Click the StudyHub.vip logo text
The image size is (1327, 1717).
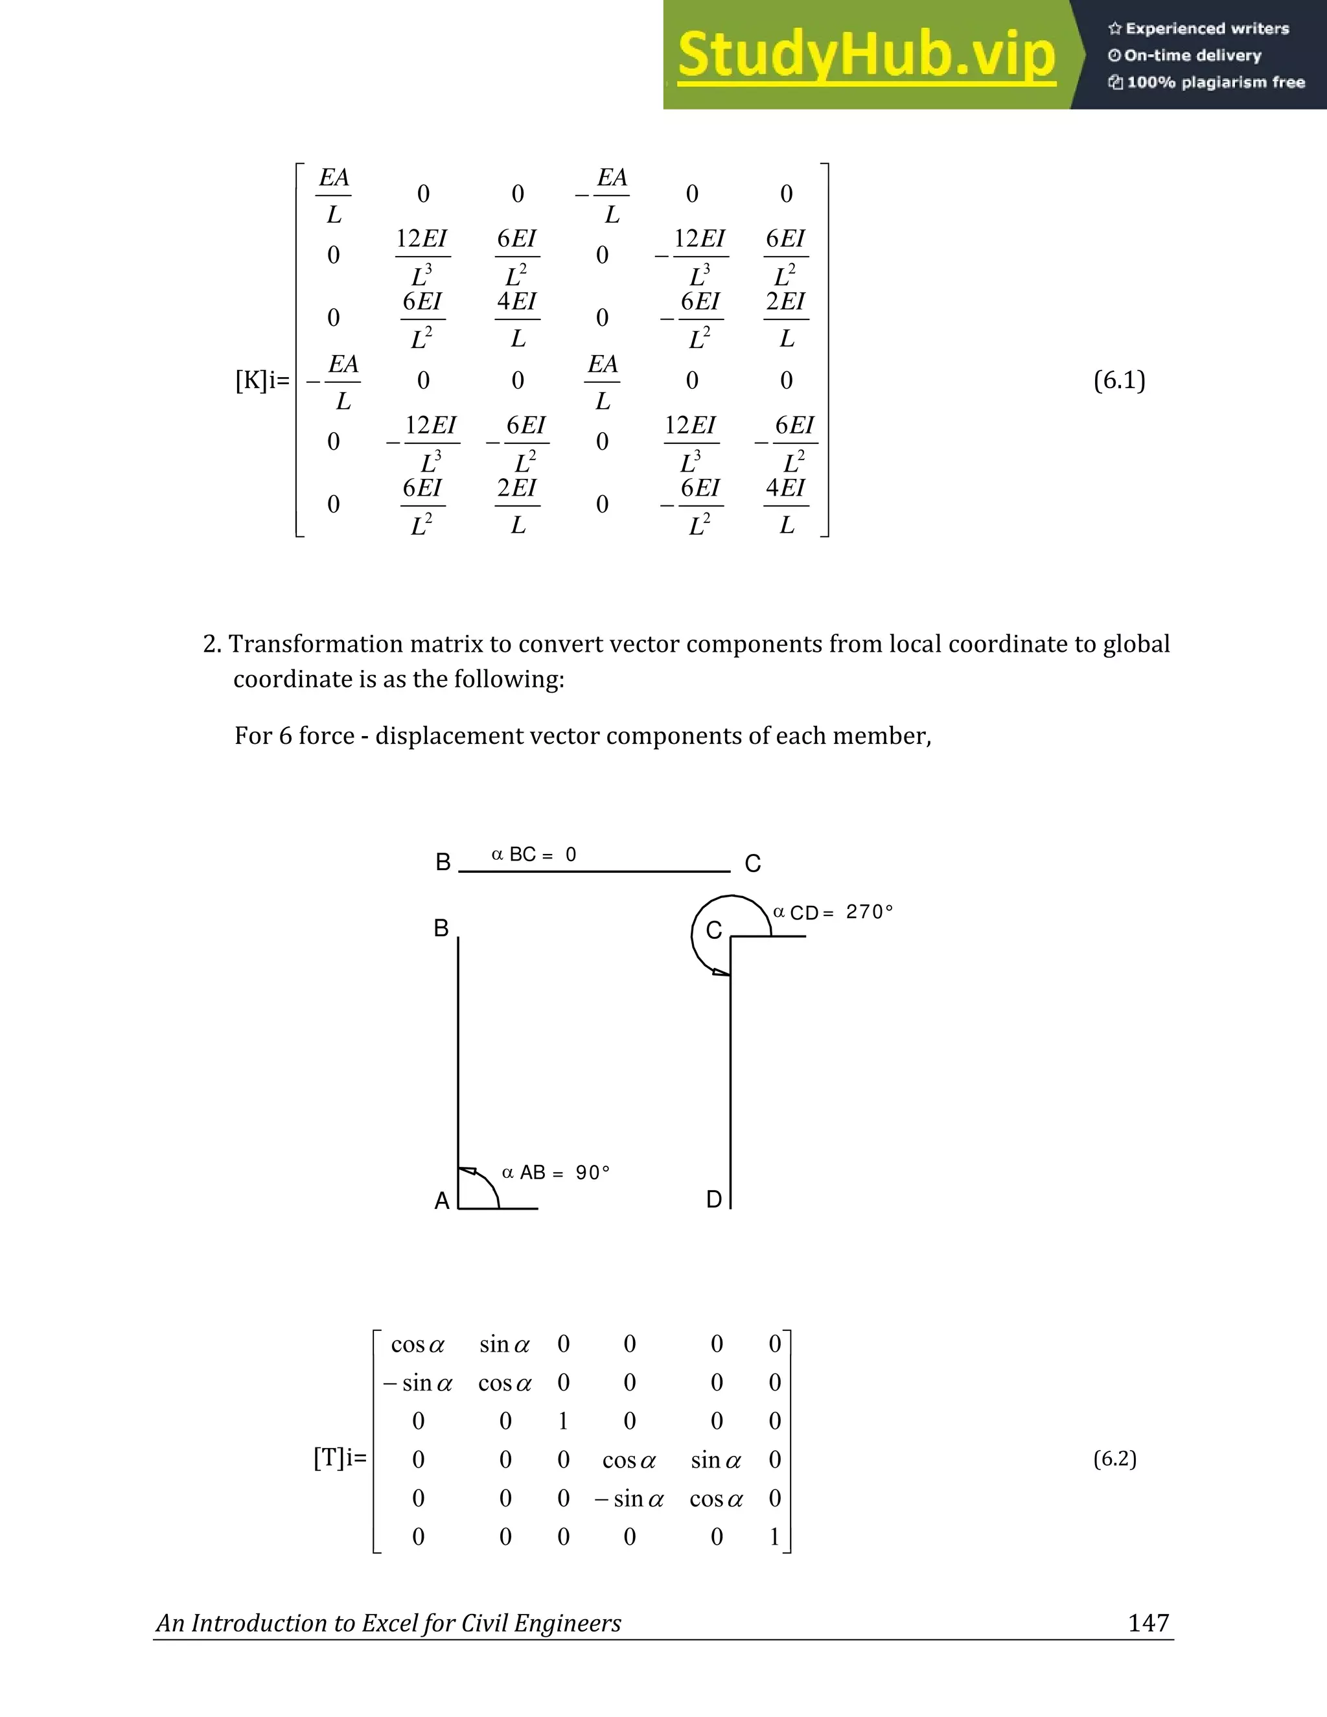[866, 55]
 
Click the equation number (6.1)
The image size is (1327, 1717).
[1118, 380]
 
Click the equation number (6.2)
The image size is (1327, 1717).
[1114, 1459]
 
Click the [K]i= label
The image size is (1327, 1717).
[262, 381]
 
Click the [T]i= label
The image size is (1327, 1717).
[340, 1458]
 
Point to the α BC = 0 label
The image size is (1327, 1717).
[534, 855]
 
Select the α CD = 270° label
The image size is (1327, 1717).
[833, 912]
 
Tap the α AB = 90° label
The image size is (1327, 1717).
[556, 1173]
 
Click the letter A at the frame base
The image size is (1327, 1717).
[442, 1201]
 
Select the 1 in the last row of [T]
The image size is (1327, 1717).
[774, 1537]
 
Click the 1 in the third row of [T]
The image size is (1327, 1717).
[563, 1422]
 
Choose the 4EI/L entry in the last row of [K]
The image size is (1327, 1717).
[786, 506]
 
